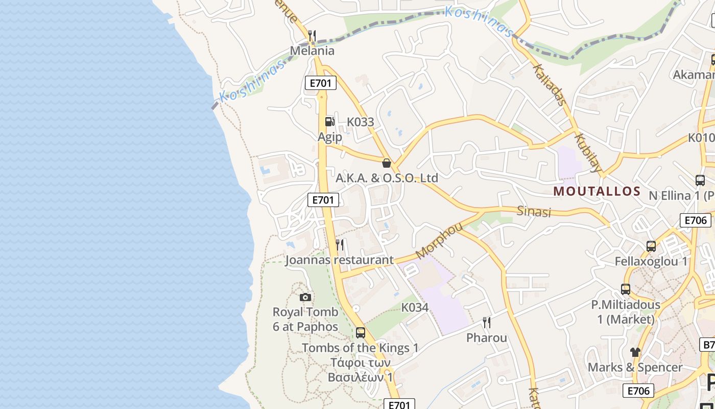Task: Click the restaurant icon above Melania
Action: pyautogui.click(x=312, y=35)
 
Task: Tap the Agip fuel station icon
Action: pyautogui.click(x=330, y=121)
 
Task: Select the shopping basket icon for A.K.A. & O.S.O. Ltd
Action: pyautogui.click(x=387, y=163)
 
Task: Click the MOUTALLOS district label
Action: pyautogui.click(x=597, y=191)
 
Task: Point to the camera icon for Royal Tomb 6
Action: pyautogui.click(x=305, y=297)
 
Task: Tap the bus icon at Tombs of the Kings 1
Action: pyautogui.click(x=361, y=333)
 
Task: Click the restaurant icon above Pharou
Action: pyautogui.click(x=487, y=323)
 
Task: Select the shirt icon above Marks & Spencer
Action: pyautogui.click(x=635, y=352)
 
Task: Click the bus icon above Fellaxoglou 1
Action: pyautogui.click(x=651, y=246)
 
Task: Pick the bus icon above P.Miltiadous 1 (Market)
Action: pyautogui.click(x=626, y=289)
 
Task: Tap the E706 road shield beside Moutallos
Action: pyautogui.click(x=695, y=220)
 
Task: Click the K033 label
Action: pyautogui.click(x=361, y=122)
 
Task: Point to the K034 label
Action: pyautogui.click(x=415, y=308)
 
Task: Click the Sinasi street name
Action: pyautogui.click(x=534, y=212)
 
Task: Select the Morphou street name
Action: pyautogui.click(x=439, y=240)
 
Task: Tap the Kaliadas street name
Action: pyautogui.click(x=550, y=85)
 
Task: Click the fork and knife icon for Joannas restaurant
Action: pyautogui.click(x=340, y=245)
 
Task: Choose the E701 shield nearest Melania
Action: pyautogui.click(x=321, y=83)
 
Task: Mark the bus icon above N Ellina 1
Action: pyautogui.click(x=700, y=180)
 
